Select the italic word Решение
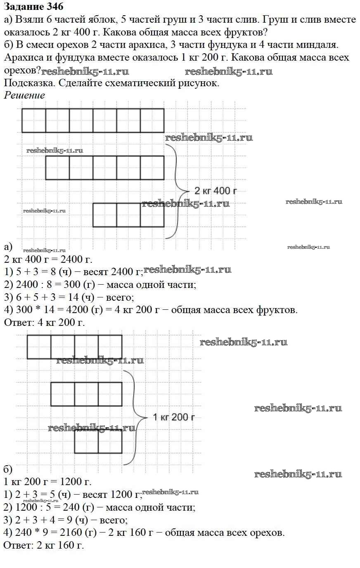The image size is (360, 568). pos(24,95)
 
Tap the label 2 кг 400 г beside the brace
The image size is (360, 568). pos(215,191)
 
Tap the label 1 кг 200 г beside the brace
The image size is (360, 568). pos(174,417)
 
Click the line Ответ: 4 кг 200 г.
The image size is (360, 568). pos(45,323)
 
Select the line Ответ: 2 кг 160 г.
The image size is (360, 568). pos(44,545)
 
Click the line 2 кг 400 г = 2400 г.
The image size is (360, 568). pos(48,259)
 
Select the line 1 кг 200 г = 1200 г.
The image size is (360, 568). pos(47,481)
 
